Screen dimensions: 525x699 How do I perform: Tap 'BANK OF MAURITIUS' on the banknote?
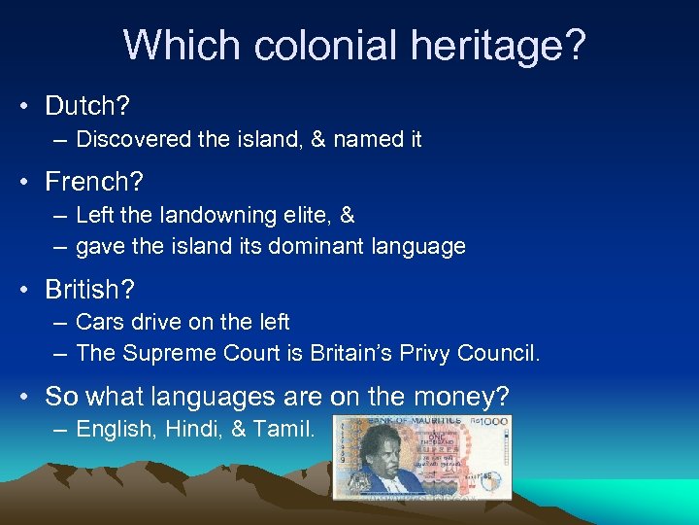(417, 420)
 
